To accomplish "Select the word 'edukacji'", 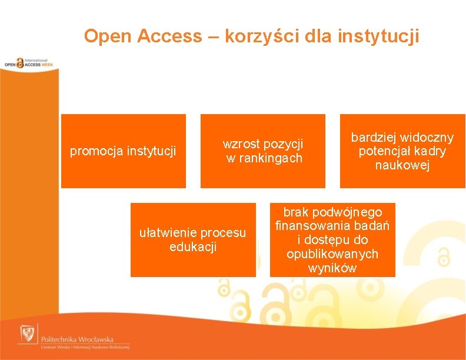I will click(193, 247).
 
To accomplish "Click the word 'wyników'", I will click(332, 268).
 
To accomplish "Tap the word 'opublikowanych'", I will click(332, 254).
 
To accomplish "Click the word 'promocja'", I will click(92, 152).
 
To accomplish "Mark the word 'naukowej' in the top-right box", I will click(402, 166).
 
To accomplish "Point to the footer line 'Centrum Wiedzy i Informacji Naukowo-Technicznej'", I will click(85, 348).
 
